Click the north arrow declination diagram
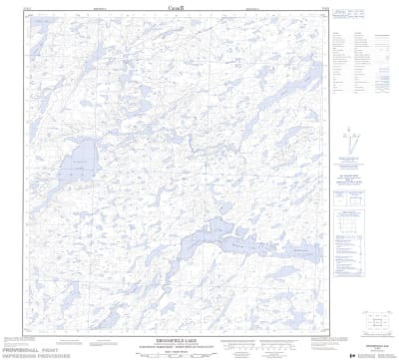pos(353,140)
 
